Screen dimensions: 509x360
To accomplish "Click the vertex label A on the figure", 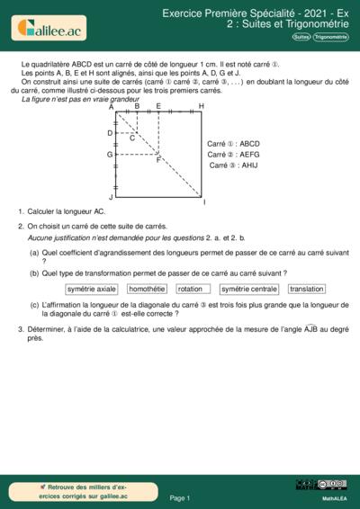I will (111, 106).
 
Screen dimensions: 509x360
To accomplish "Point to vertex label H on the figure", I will (201, 106).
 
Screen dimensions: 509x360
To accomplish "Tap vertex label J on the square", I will (111, 196).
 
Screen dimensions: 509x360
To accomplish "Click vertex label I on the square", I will (204, 201).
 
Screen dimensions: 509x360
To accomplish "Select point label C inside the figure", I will (131, 138).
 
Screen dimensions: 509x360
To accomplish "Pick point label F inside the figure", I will (158, 160).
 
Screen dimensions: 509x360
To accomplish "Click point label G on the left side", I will (109, 155).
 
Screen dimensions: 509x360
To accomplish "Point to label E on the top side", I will (158, 106).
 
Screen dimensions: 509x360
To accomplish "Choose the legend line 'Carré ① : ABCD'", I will (233, 144).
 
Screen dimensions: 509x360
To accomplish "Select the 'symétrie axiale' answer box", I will (92, 290).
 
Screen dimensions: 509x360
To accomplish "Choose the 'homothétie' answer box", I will (147, 290).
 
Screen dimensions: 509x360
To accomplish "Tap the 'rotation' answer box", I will (190, 290).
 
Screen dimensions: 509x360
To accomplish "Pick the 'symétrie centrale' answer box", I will (248, 290).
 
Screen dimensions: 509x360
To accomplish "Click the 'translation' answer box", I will (307, 290).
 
